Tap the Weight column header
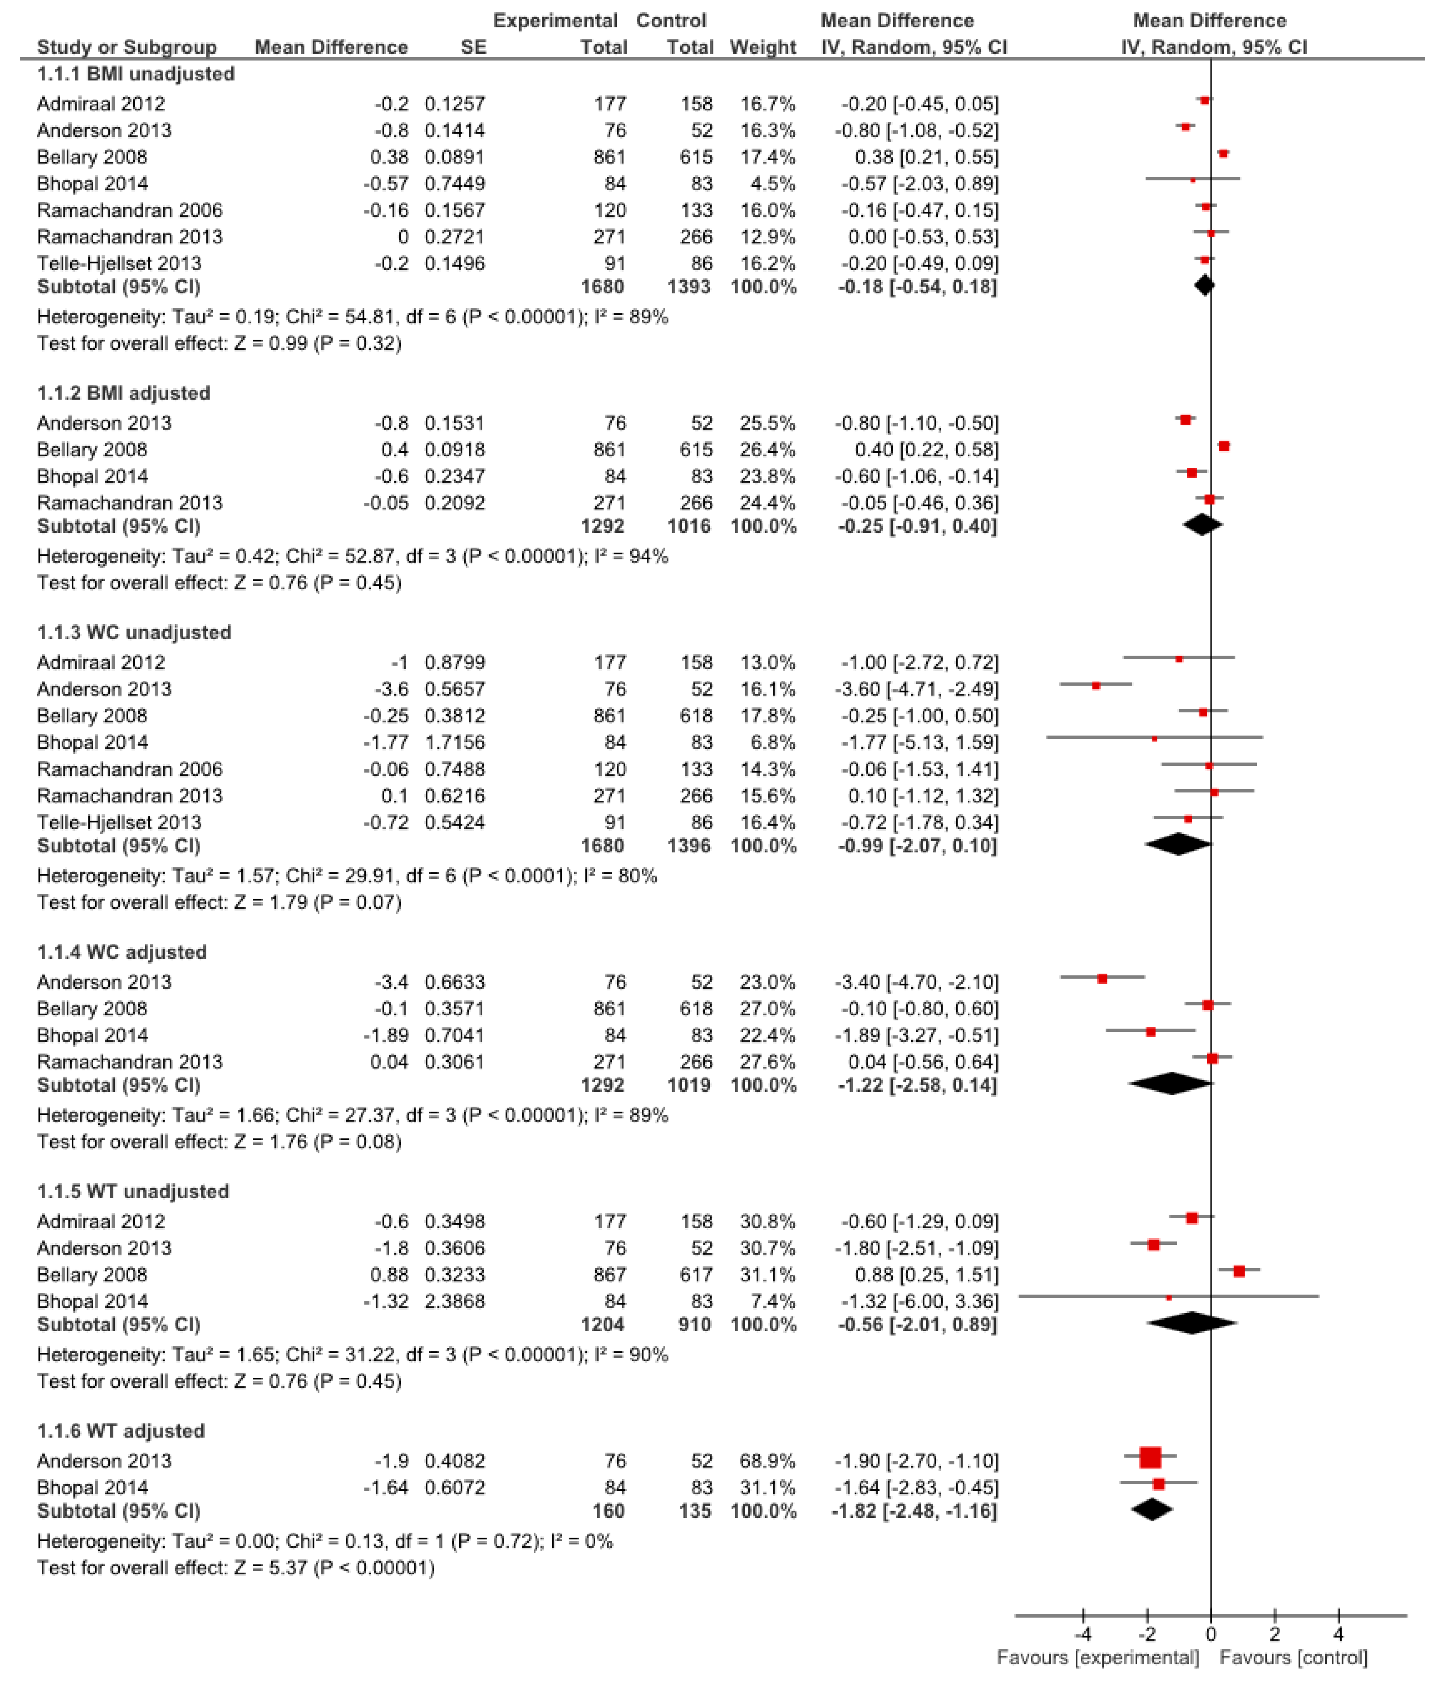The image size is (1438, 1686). [762, 47]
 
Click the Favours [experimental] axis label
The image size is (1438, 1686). [1098, 1658]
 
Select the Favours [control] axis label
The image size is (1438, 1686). [1293, 1658]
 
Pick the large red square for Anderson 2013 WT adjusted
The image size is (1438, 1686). [1150, 1457]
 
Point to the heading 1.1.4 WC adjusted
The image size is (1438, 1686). [122, 952]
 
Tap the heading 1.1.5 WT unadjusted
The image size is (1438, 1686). [133, 1191]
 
